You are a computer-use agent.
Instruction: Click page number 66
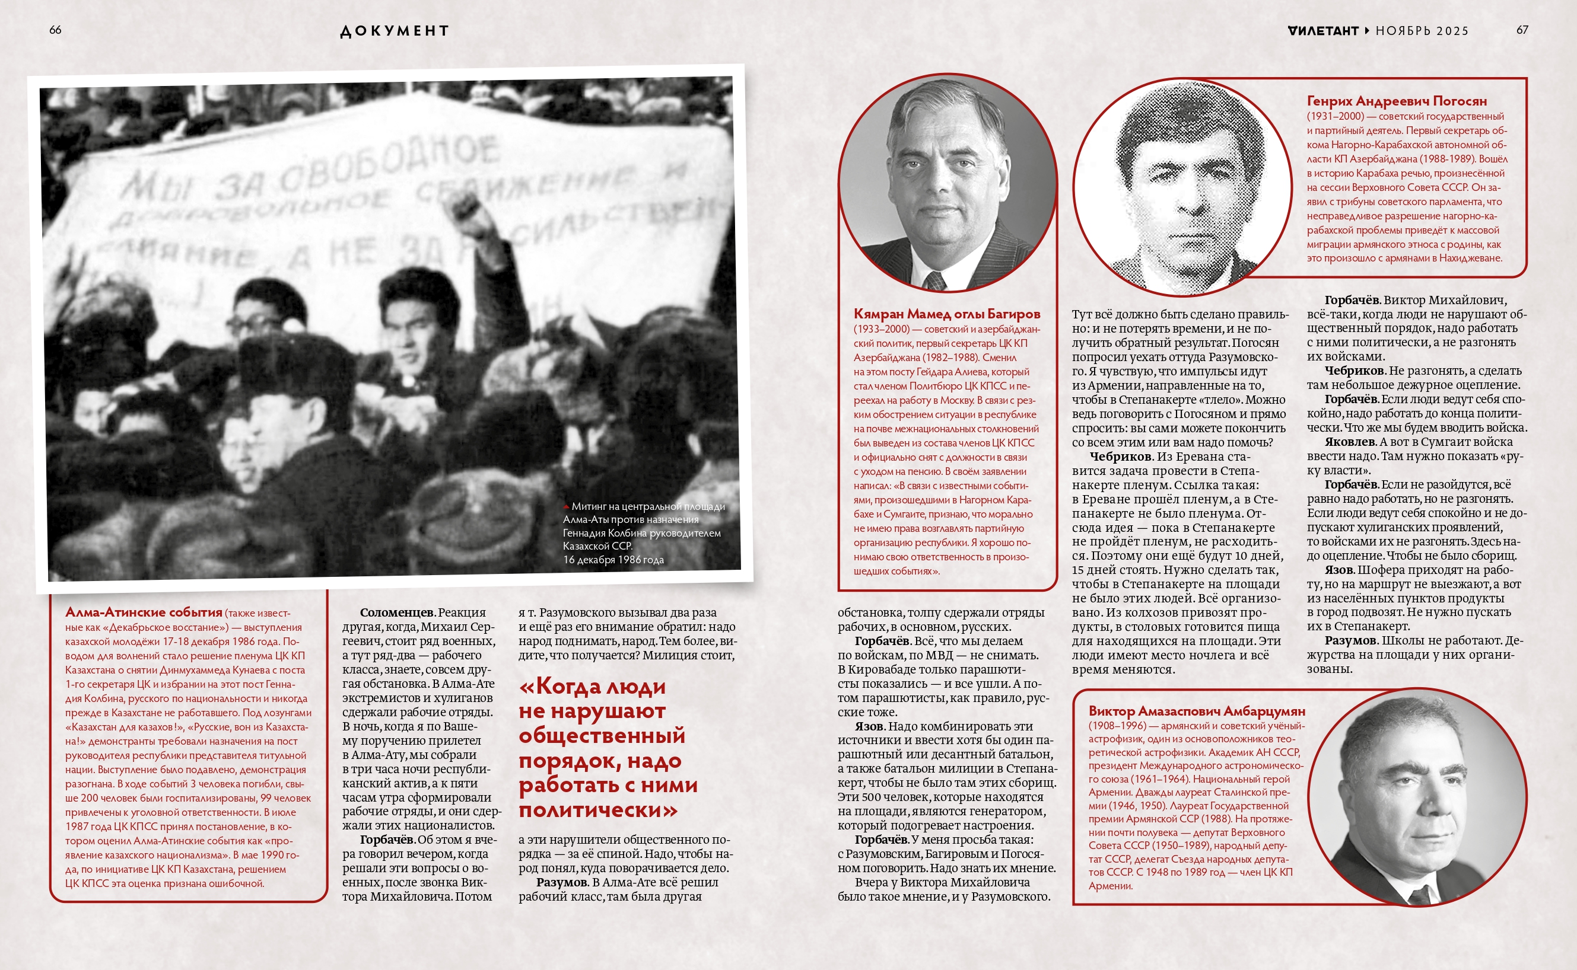pyautogui.click(x=55, y=30)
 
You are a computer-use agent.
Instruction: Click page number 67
pyautogui.click(x=1522, y=30)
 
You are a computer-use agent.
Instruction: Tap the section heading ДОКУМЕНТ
pyautogui.click(x=394, y=31)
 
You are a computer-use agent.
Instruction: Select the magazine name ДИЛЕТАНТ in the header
pyautogui.click(x=1323, y=31)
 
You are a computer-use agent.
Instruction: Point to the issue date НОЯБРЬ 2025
pyautogui.click(x=1422, y=31)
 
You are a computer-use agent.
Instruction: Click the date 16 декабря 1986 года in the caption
pyautogui.click(x=613, y=560)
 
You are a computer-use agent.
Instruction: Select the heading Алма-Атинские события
pyautogui.click(x=143, y=612)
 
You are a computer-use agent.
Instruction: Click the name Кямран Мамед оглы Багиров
pyautogui.click(x=946, y=314)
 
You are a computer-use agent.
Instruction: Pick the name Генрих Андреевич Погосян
pyautogui.click(x=1396, y=101)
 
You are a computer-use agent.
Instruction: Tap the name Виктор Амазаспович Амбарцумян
pyautogui.click(x=1196, y=711)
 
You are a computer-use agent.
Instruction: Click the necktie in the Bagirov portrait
pyautogui.click(x=934, y=280)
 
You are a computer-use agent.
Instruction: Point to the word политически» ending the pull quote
pyautogui.click(x=597, y=811)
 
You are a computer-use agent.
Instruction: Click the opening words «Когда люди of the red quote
pyautogui.click(x=592, y=687)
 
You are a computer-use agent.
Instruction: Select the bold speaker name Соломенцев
pyautogui.click(x=398, y=612)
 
